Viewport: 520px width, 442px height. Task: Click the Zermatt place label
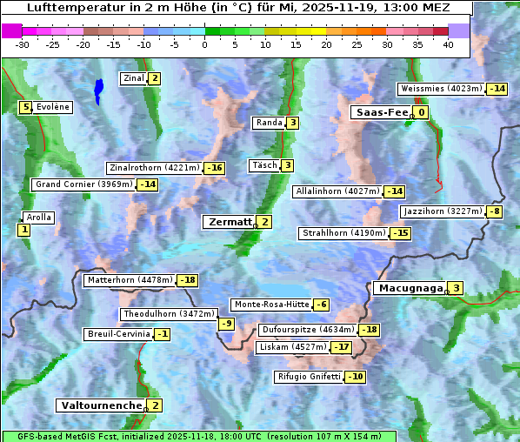coord(230,222)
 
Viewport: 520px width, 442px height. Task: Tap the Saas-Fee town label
coord(380,112)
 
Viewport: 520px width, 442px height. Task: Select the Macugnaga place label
coord(409,288)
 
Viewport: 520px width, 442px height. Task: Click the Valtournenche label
coord(100,405)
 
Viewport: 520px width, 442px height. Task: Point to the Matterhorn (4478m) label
coord(130,280)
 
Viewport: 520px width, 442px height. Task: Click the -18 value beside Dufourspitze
coord(370,331)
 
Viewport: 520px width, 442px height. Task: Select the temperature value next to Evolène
coord(26,107)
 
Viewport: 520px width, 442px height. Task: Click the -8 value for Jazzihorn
coord(495,211)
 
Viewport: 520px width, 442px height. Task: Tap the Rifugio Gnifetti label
coord(309,377)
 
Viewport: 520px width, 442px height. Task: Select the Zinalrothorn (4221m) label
coord(154,168)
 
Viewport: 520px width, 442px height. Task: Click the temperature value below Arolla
coord(23,230)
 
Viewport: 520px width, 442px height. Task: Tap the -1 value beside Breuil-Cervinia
coord(163,334)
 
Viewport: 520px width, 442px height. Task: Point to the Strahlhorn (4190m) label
coord(343,233)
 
